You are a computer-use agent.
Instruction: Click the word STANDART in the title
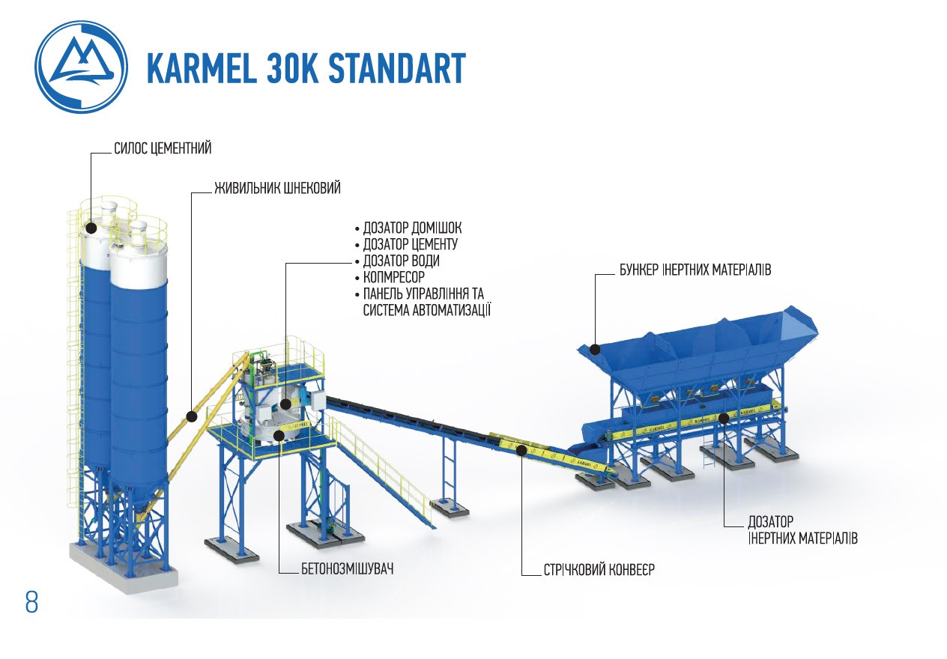pos(396,68)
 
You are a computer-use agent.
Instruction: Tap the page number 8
pos(31,602)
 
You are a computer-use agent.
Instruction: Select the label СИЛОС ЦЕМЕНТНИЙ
pos(163,148)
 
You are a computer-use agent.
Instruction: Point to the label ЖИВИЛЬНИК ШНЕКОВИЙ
pos(277,188)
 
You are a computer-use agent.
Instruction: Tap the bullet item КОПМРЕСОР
pos(393,277)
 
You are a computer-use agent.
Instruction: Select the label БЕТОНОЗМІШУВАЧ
pos(347,568)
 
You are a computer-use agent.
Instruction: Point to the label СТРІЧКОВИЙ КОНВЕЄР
pos(599,569)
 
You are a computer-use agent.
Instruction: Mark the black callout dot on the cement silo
pos(91,227)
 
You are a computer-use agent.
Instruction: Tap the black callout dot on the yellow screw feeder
pos(192,416)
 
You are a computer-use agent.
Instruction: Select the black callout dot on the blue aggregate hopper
pos(594,348)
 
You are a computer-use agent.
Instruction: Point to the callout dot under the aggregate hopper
pos(723,418)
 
